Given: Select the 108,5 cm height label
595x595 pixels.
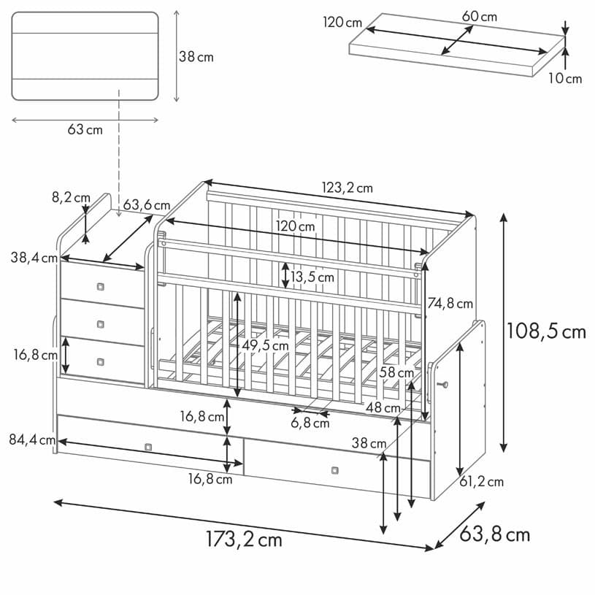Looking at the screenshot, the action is [x=546, y=331].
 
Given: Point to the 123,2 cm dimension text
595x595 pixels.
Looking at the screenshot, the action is [x=348, y=188].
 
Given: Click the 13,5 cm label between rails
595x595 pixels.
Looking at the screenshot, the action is [x=312, y=277].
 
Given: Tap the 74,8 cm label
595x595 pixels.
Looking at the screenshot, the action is [x=450, y=303].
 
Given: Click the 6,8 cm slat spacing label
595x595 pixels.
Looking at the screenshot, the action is [x=310, y=423].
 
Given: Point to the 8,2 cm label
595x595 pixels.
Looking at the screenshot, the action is [x=70, y=197].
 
